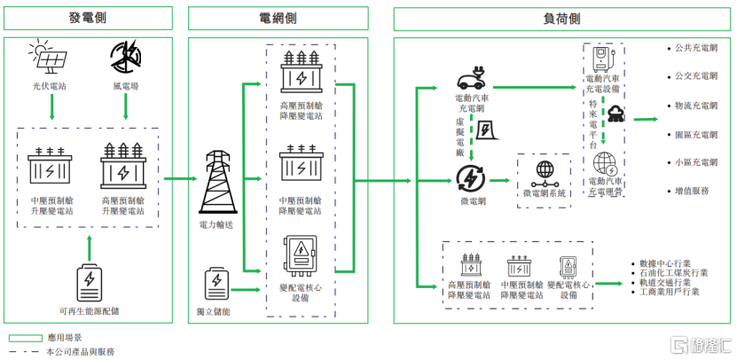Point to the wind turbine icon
tap(126, 58)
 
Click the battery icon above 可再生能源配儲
tap(89, 279)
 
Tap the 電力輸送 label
tap(215, 226)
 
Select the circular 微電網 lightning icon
tap(468, 178)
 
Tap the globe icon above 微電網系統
tap(543, 172)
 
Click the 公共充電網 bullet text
tap(696, 50)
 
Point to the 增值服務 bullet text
tap(692, 192)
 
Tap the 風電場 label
tap(126, 88)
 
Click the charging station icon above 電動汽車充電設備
tap(605, 60)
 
